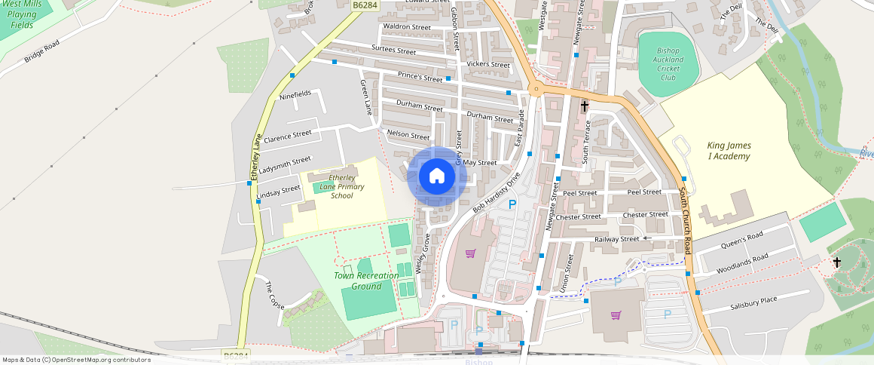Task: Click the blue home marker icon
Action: coord(437,176)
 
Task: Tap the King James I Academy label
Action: coord(729,151)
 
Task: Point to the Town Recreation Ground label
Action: coord(366,281)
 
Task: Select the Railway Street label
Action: coord(616,239)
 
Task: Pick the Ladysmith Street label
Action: coord(283,164)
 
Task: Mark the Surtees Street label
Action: coord(393,51)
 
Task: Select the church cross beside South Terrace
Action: coord(585,106)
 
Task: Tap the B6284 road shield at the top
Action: coord(365,5)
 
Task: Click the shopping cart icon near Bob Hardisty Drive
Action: coord(471,253)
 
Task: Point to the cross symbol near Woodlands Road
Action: coord(836,262)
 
